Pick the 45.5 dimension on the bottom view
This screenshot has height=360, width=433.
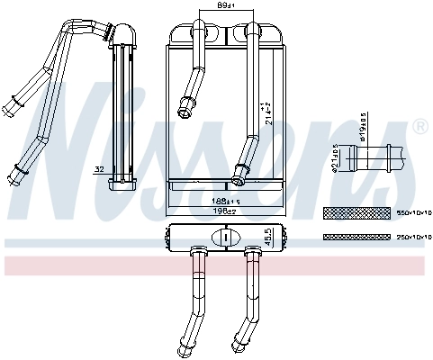coord(267,237)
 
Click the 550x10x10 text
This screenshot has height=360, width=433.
coord(414,213)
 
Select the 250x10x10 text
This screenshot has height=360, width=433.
coord(414,238)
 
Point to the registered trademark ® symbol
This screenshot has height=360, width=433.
coord(418,128)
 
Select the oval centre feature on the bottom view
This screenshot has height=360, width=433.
coord(223,238)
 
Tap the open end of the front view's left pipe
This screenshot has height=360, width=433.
coord(186,112)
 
